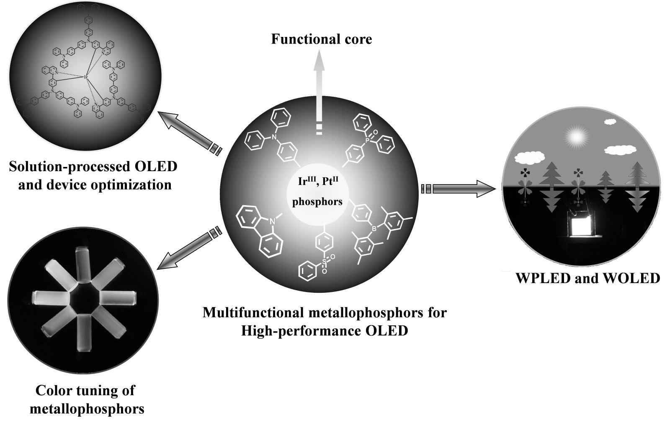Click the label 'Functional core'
321,39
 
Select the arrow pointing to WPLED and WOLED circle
461,189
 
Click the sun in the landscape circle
575,136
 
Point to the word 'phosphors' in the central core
317,202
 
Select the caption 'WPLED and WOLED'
588,278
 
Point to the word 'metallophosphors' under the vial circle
87,408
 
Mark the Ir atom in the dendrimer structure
85,77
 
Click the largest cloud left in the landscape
529,157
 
